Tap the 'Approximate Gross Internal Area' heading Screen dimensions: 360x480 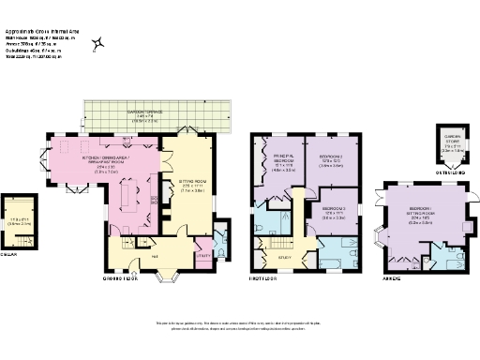(57, 30)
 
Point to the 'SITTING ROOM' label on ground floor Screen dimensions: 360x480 (192, 183)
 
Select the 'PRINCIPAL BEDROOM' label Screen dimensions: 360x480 (284, 157)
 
